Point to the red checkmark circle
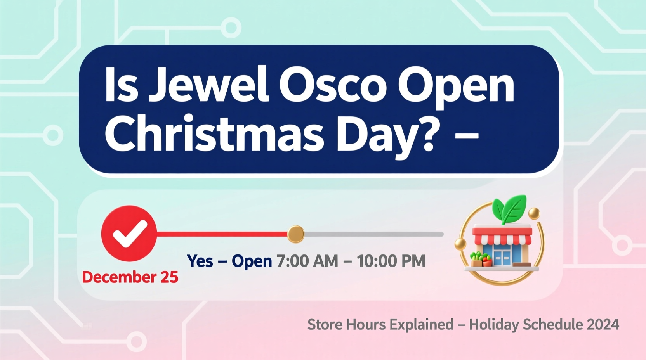[129, 234]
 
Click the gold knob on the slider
[296, 234]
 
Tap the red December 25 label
[130, 277]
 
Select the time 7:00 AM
[307, 261]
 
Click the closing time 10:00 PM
[391, 261]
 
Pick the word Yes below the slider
[200, 261]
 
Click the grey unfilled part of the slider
[373, 234]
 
